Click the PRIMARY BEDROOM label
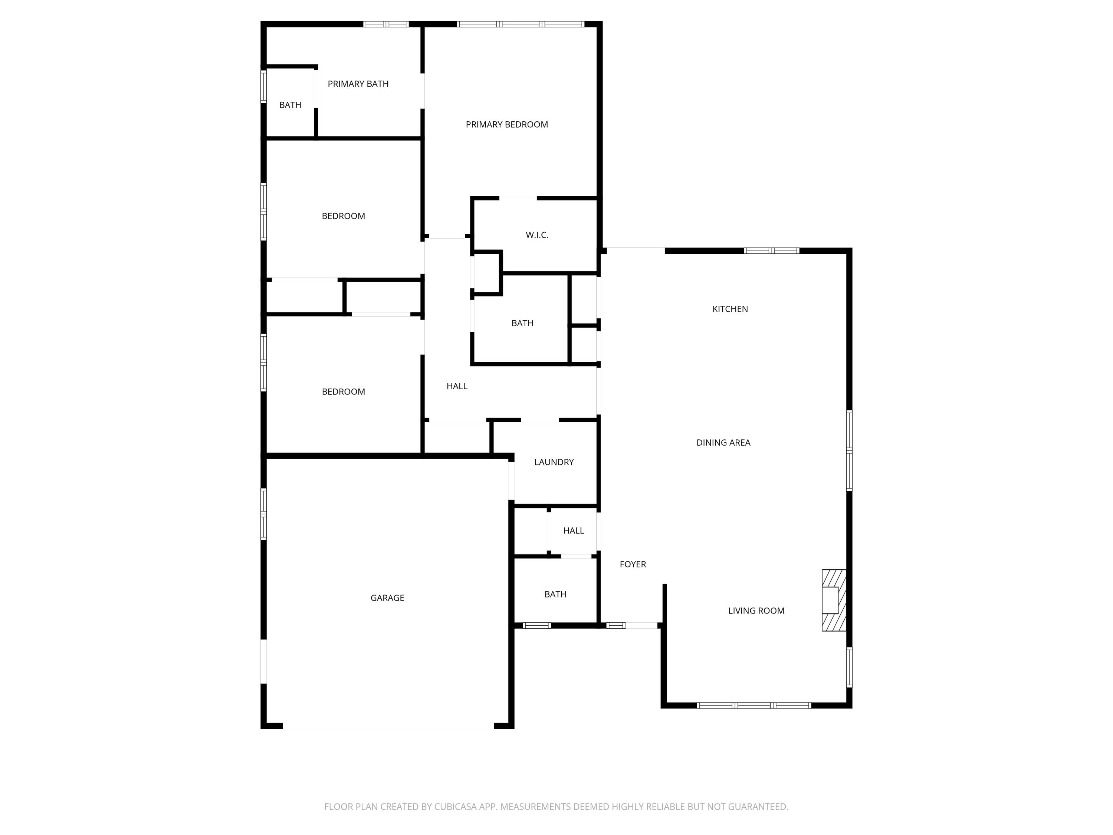[x=507, y=124]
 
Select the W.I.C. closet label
[x=537, y=235]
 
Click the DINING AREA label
[x=723, y=442]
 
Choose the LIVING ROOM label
[x=756, y=610]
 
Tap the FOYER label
[x=633, y=564]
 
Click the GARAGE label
[x=387, y=598]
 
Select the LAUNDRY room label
[x=554, y=462]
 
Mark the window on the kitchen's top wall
[x=771, y=250]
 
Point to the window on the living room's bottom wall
[x=754, y=705]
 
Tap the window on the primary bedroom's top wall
[x=520, y=24]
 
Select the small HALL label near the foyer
[x=573, y=530]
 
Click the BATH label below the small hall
[x=555, y=595]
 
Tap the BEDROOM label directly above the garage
[x=343, y=392]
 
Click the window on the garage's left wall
[x=263, y=513]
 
